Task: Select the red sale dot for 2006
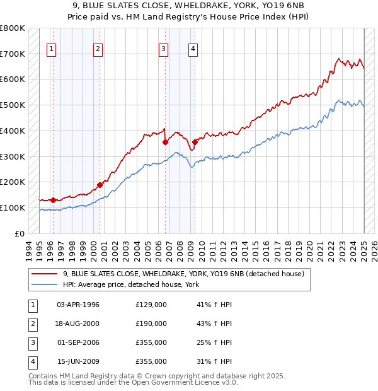165,143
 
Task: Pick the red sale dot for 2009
195,143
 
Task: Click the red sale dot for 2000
100,185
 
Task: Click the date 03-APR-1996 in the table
78,305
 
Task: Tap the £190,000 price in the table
151,324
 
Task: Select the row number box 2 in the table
32,324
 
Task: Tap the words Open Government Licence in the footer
175,382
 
